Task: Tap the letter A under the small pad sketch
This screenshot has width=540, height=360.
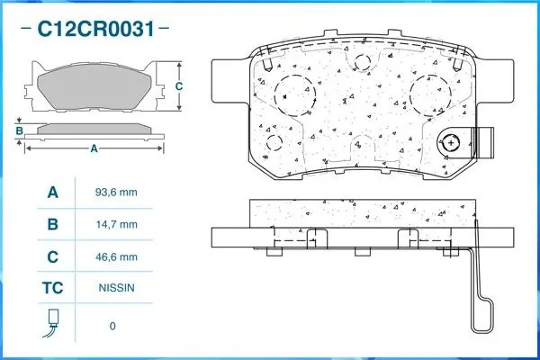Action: tap(93, 148)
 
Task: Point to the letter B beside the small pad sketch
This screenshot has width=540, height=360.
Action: tap(19, 131)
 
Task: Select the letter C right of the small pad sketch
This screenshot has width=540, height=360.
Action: tap(179, 86)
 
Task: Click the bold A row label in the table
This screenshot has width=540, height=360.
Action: tap(52, 192)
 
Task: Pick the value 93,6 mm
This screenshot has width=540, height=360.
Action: tap(115, 192)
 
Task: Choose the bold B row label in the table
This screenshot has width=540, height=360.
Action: tap(52, 224)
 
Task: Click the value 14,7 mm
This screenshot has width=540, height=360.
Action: tap(115, 224)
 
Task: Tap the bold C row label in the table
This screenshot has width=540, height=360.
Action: tap(52, 257)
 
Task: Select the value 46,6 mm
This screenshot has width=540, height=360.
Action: tap(115, 257)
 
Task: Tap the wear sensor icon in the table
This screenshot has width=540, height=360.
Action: tap(52, 322)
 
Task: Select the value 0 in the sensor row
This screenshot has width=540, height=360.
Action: tap(112, 325)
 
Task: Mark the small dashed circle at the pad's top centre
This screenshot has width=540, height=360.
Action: tap(363, 61)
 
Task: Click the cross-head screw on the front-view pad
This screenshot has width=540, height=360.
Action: tap(452, 143)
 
